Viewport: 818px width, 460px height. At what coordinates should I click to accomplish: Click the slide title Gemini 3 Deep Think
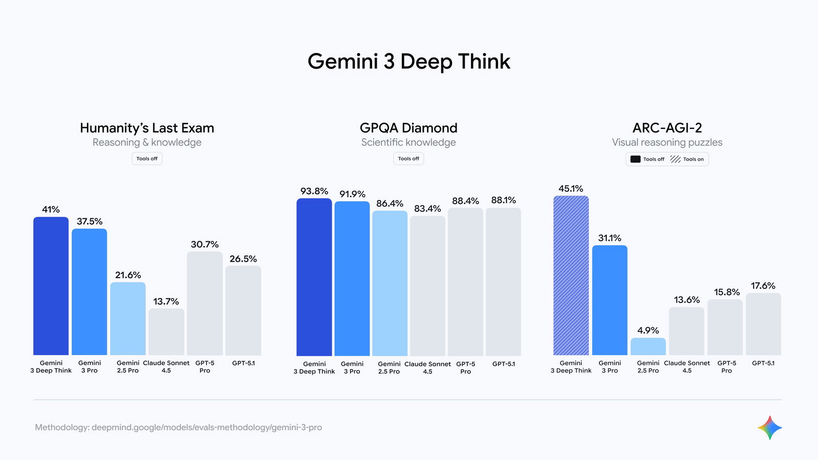(408, 62)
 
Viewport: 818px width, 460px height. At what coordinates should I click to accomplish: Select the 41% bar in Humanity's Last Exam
(51, 286)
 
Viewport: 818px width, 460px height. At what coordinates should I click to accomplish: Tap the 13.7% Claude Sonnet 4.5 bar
(166, 332)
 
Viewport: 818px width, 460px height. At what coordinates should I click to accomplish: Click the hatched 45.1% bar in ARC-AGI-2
(571, 275)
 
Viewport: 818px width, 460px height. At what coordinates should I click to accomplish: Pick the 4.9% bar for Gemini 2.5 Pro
(648, 347)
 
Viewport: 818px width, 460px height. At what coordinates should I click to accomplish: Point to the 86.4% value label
(390, 203)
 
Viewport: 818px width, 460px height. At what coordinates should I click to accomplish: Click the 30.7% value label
(204, 244)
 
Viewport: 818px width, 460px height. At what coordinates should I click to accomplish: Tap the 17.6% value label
(763, 286)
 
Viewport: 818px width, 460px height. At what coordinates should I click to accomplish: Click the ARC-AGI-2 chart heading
(667, 128)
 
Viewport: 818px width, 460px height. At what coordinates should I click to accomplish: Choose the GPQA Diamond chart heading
(408, 128)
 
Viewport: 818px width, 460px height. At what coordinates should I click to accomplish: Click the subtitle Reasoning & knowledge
(147, 143)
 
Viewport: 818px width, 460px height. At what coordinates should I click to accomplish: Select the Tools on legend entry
(688, 159)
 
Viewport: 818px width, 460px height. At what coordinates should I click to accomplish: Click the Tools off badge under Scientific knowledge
(408, 159)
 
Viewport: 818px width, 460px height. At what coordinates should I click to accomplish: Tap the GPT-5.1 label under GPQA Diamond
(504, 364)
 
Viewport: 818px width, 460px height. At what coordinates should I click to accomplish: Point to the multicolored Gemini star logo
(769, 428)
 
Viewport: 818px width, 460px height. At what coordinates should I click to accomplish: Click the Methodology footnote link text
(178, 427)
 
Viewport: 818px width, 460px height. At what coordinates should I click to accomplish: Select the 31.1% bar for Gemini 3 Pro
(609, 300)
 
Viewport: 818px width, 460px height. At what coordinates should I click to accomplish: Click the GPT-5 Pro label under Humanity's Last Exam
(204, 366)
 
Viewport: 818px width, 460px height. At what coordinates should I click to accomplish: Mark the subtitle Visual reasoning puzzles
(667, 143)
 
